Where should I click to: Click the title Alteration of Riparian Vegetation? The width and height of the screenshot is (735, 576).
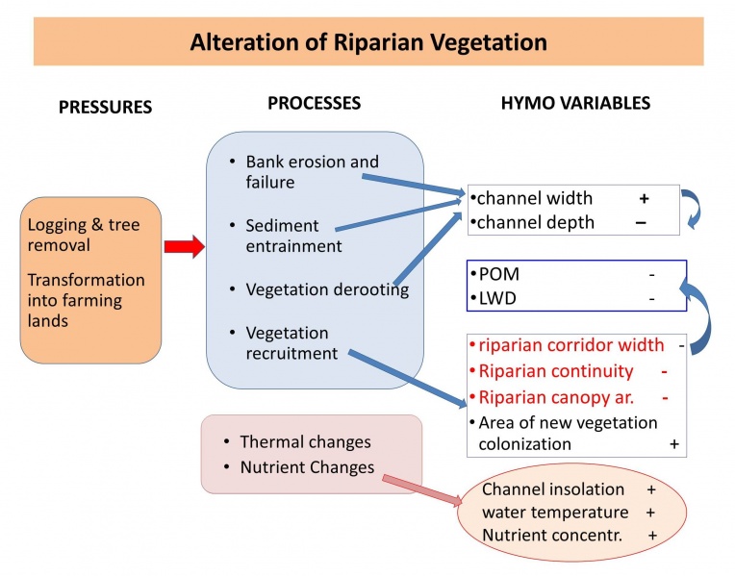pos(368,42)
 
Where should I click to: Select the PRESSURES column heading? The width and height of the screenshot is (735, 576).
pos(105,107)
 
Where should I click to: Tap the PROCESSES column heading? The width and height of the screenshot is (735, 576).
pos(314,102)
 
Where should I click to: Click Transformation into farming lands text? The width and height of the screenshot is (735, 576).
pos(87,300)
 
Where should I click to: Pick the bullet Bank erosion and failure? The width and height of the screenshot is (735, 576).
pos(312,171)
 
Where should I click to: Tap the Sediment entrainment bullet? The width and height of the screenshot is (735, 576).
pos(293,236)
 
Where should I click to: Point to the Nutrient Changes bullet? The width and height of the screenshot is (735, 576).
pos(306,467)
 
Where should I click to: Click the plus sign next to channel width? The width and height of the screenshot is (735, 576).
pos(645,198)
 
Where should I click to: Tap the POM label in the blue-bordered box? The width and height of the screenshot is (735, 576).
pos(498,274)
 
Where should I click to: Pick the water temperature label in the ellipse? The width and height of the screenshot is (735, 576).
pos(555,513)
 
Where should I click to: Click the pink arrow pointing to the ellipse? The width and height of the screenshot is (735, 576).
pos(423,488)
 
